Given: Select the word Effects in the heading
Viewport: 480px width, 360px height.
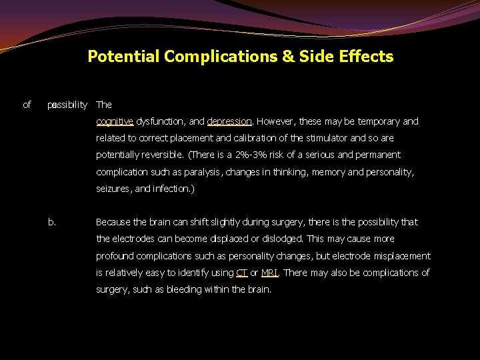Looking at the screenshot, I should click(x=366, y=57).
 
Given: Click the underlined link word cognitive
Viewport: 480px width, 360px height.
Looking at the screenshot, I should click(x=115, y=121).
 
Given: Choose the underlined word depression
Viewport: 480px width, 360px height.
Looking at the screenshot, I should click(x=229, y=121).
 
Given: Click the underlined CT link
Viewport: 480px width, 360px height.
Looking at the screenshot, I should click(x=241, y=273).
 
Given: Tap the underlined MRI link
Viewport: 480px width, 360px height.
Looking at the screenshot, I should click(x=269, y=273).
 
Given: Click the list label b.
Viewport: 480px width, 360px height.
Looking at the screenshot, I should click(x=52, y=222).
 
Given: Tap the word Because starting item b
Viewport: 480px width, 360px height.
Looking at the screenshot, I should click(x=115, y=222).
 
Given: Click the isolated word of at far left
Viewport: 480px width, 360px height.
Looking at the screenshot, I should click(x=27, y=105).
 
